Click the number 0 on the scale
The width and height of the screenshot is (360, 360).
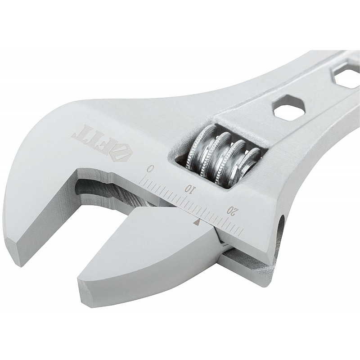150,169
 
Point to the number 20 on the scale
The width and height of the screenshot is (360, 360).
232,210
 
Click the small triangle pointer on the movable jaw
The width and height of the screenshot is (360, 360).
197,221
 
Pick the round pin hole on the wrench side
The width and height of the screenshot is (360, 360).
281,227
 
